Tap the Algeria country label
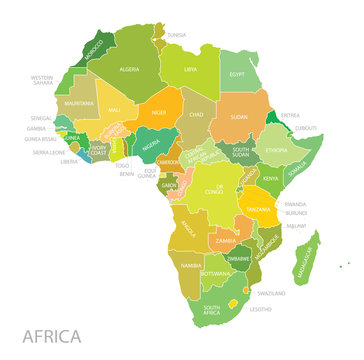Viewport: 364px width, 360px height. pyautogui.click(x=130, y=70)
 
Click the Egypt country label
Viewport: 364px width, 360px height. pyautogui.click(x=237, y=75)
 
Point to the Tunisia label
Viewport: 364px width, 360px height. pyautogui.click(x=176, y=34)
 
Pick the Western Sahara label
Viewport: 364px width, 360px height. pyautogui.click(x=42, y=79)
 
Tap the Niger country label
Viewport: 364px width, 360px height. pyautogui.click(x=158, y=112)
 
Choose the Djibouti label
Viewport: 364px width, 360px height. pyautogui.click(x=307, y=128)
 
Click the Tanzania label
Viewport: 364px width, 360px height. pyautogui.click(x=259, y=209)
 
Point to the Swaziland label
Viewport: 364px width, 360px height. pyautogui.click(x=271, y=293)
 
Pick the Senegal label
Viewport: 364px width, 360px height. pyautogui.click(x=41, y=118)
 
